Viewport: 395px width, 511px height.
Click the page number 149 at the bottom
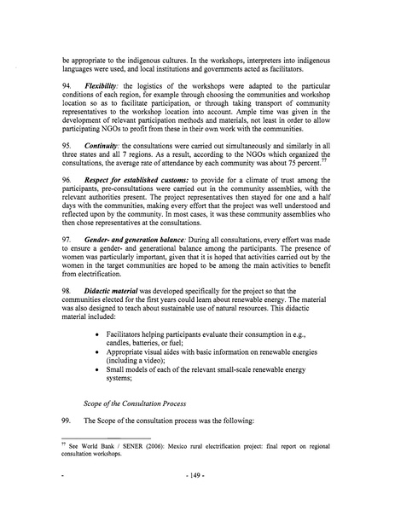coord(198,494)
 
